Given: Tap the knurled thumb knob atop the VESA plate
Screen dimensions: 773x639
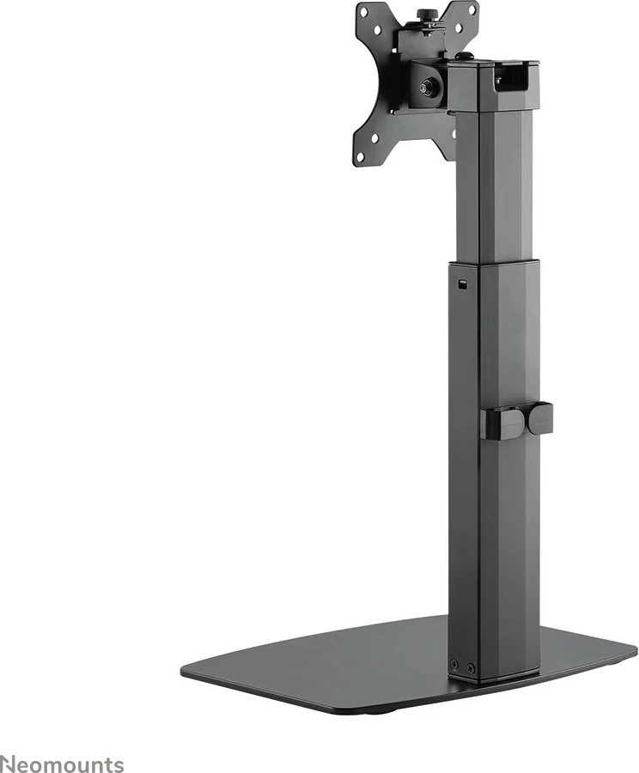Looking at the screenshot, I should tap(423, 15).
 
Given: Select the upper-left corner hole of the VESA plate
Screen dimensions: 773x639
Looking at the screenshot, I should tap(364, 14).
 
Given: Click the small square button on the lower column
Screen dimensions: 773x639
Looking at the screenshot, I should tap(465, 284).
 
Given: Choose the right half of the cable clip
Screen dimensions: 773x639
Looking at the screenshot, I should tap(540, 418).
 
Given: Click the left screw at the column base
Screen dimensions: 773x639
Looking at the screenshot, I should tap(454, 662).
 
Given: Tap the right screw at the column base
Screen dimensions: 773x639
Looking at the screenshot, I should tap(468, 666).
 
